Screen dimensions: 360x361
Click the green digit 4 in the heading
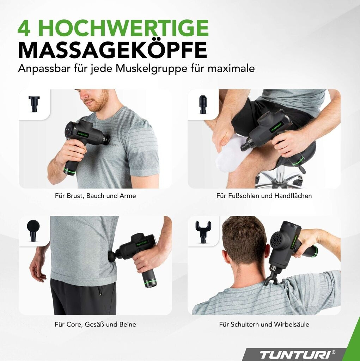24,28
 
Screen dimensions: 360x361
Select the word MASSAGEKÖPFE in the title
112,50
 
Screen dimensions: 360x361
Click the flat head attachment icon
34,104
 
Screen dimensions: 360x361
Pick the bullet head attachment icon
203,104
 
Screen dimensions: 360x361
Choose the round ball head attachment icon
33,230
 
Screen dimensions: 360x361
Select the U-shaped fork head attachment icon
203,231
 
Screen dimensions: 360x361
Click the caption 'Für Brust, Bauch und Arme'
95,196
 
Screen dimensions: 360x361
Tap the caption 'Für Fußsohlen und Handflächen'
264,196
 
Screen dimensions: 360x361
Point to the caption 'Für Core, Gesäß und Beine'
95,324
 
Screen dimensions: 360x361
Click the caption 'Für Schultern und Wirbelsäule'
264,324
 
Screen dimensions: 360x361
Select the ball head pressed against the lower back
112,257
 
